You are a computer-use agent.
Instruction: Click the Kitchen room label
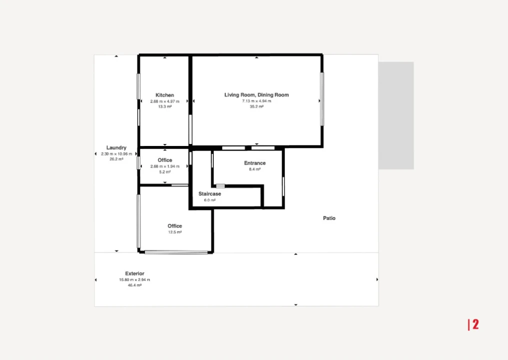(x=164, y=95)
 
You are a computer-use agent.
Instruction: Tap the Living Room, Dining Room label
(x=257, y=94)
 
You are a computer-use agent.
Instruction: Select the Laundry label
(x=116, y=147)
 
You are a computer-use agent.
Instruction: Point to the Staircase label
(x=210, y=193)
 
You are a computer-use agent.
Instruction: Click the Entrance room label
(x=255, y=163)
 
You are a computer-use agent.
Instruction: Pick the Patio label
(x=329, y=218)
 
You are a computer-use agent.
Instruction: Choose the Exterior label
(x=135, y=273)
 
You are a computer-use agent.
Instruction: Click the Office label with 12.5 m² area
(x=175, y=225)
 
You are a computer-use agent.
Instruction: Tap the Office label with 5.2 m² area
(x=165, y=160)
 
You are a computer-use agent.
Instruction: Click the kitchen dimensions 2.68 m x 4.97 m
(x=164, y=101)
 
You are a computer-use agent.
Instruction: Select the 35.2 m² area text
(x=257, y=106)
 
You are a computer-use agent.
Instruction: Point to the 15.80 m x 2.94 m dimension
(x=134, y=279)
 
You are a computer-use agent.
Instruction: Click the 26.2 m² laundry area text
(x=116, y=159)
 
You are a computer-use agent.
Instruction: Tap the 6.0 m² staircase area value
(x=210, y=200)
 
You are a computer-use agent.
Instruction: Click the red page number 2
(x=476, y=324)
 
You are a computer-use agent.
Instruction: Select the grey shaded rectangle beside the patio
(x=396, y=115)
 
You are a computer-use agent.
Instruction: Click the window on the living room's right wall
(x=322, y=99)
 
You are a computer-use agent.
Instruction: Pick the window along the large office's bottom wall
(x=176, y=252)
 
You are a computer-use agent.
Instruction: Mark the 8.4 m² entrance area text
(x=255, y=169)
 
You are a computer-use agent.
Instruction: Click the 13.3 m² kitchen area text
(x=164, y=106)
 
